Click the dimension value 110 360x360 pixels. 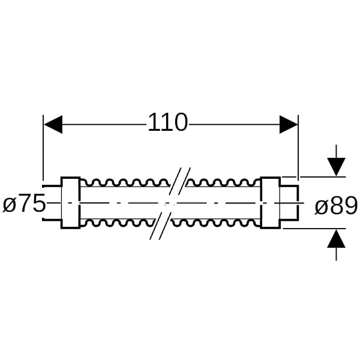tap(167, 123)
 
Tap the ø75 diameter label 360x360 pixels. tap(24, 205)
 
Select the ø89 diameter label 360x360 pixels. tap(336, 206)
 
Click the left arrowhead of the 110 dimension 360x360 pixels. tap(53, 124)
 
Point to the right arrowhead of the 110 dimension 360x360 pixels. tap(289, 124)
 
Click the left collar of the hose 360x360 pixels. tap(71, 203)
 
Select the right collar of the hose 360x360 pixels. tap(270, 203)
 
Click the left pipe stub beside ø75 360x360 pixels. tap(52, 203)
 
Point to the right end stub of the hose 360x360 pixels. tap(290, 203)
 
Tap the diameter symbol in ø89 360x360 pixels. tap(320, 206)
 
